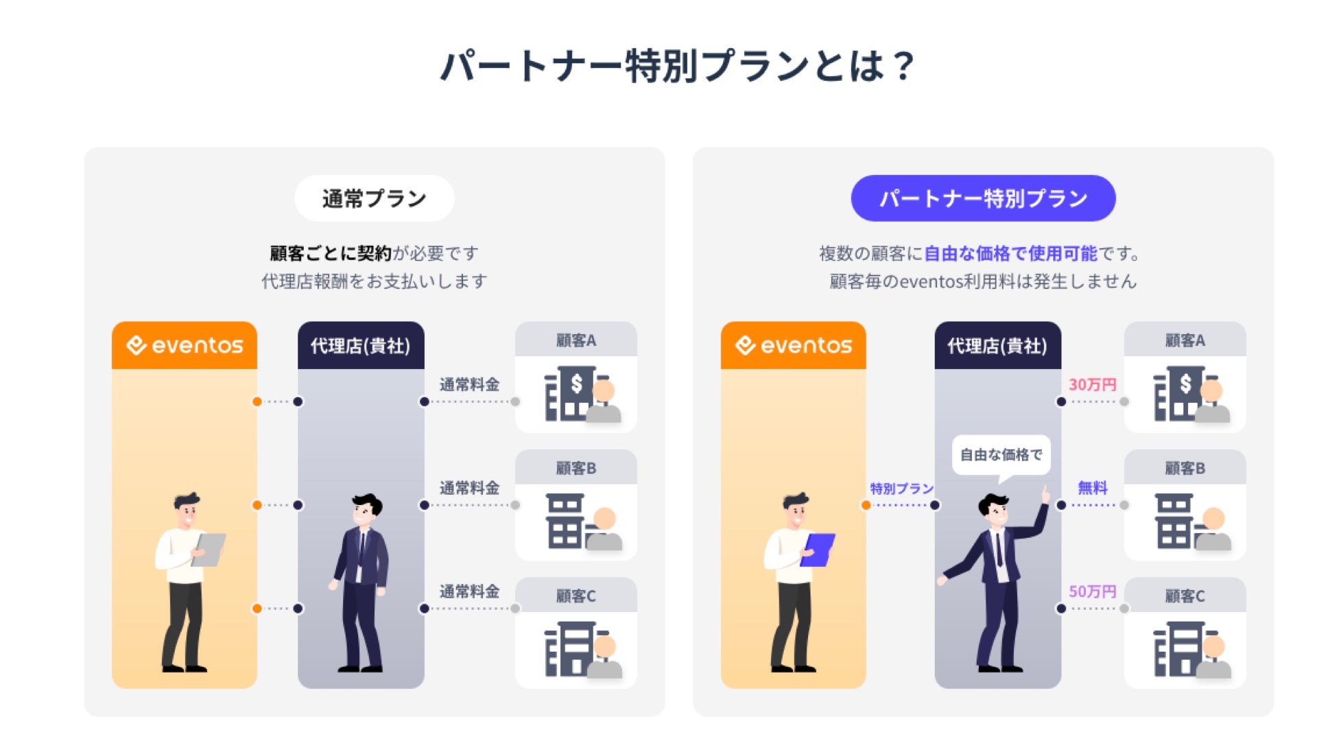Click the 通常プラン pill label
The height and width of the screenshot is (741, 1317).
coord(374,198)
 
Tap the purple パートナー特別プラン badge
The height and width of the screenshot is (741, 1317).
coord(983,198)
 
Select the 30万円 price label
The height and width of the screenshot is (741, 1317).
coord(1092,385)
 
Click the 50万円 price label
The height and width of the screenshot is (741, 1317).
coord(1092,591)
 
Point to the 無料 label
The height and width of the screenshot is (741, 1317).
coord(1092,488)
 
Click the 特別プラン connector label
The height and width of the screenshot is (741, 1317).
coord(901,489)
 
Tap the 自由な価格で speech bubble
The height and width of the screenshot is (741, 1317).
coord(1001,455)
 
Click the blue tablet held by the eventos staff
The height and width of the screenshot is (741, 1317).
coord(818,550)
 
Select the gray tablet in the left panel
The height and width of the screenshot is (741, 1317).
coord(209,550)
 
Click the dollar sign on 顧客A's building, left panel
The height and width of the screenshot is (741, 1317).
coord(576,384)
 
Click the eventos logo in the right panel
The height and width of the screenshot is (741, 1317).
coord(794,345)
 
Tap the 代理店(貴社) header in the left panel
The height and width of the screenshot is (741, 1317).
coord(361,346)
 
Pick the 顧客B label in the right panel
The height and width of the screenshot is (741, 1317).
coord(1185,469)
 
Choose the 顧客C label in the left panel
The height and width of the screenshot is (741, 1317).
coord(576,596)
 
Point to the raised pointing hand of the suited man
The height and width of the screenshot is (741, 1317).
coord(1045,494)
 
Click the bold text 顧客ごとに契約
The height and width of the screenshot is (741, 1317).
coord(331,254)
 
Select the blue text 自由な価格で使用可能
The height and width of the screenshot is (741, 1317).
coord(1010,254)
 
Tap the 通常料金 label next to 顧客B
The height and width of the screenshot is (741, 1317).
coord(469,488)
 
